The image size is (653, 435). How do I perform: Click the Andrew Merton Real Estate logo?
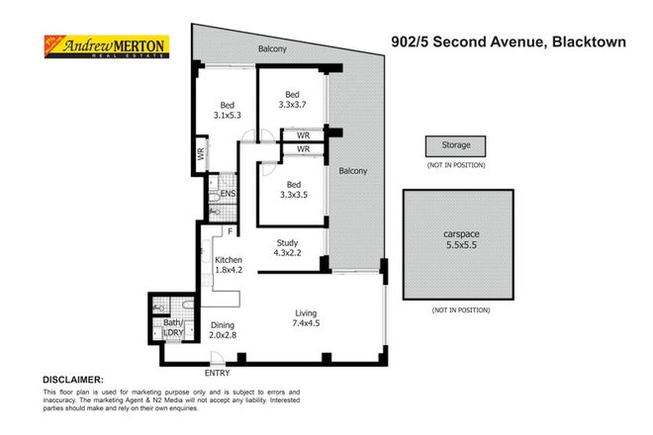tap(103, 46)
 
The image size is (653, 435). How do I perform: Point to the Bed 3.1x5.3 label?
tap(228, 111)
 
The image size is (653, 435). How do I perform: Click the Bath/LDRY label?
tap(174, 328)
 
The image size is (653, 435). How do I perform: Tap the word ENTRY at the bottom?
tap(217, 373)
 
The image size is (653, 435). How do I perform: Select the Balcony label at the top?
tap(273, 47)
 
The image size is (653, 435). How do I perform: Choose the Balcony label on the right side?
tap(353, 170)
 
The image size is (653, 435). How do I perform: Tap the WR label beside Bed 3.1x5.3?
tap(200, 154)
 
